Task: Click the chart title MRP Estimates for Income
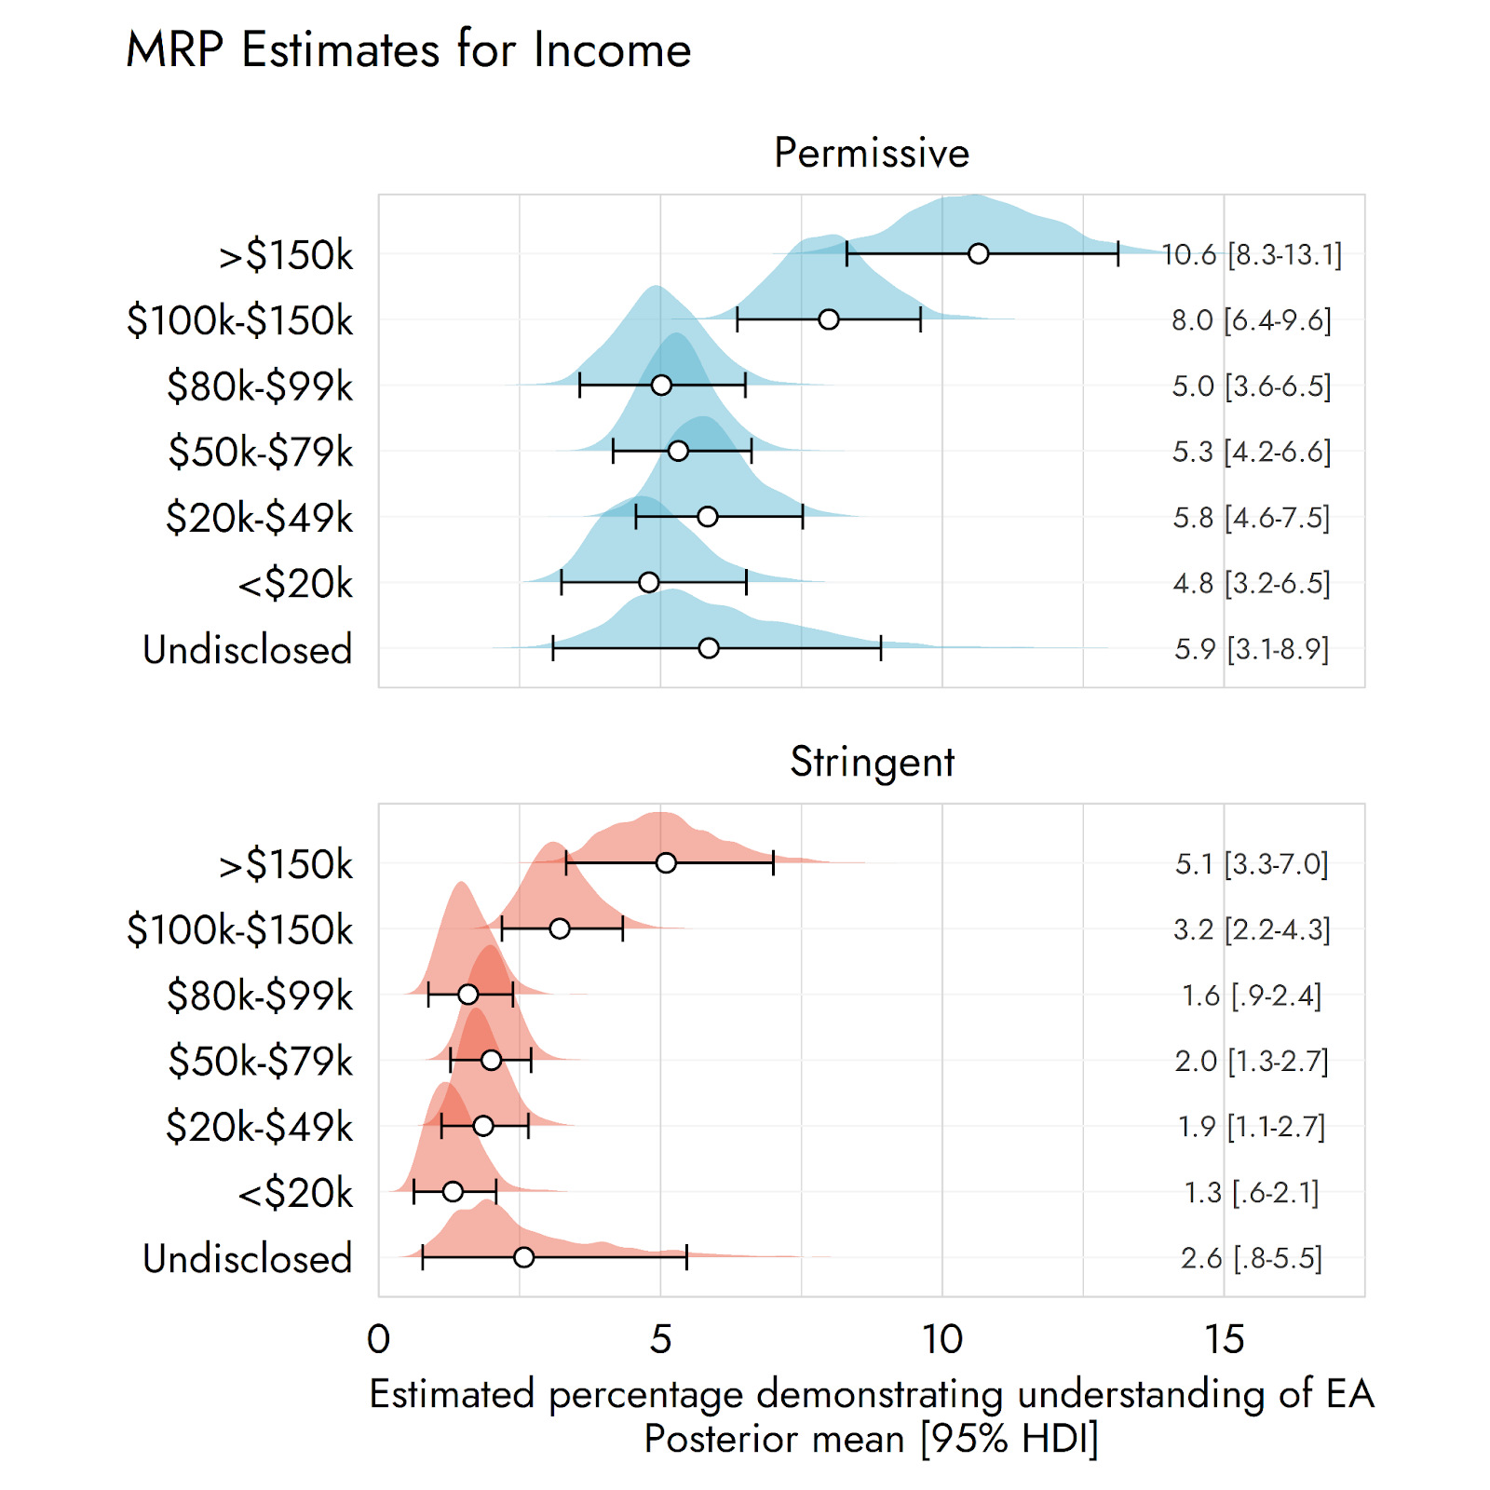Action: point(408,49)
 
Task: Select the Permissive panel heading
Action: point(872,153)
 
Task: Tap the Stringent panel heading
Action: point(872,762)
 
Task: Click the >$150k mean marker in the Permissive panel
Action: point(978,253)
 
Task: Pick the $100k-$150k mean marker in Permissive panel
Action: point(828,319)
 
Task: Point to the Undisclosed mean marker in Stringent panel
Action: point(524,1257)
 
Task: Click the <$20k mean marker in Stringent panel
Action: point(453,1191)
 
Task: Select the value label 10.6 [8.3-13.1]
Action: point(1252,254)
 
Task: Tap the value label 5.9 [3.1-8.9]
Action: point(1252,649)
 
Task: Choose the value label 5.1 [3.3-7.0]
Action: point(1252,864)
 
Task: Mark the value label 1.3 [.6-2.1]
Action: point(1252,1193)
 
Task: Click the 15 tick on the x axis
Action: point(1224,1340)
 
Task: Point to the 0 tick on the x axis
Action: point(378,1340)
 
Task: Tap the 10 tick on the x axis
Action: point(942,1340)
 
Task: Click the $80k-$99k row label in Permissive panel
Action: point(260,386)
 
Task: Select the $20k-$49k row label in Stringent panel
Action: point(259,1127)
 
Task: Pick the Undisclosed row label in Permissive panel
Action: point(248,650)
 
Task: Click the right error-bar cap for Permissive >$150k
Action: point(1117,253)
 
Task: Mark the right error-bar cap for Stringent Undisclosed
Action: point(686,1257)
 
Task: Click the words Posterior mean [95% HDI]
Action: point(872,1439)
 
